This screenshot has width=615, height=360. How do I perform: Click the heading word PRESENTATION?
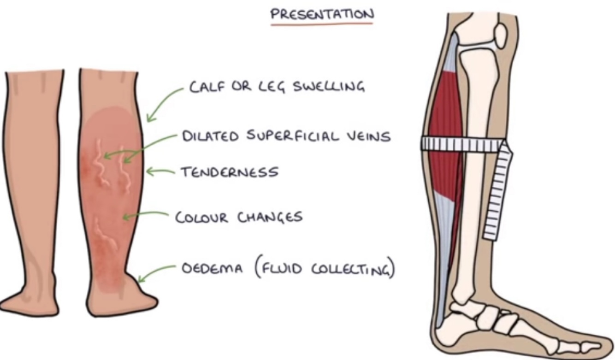click(x=321, y=13)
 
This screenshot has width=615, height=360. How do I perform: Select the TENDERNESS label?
click(x=229, y=172)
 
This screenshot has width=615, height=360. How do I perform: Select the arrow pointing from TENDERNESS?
click(x=160, y=172)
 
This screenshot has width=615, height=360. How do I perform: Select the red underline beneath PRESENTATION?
click(x=321, y=23)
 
